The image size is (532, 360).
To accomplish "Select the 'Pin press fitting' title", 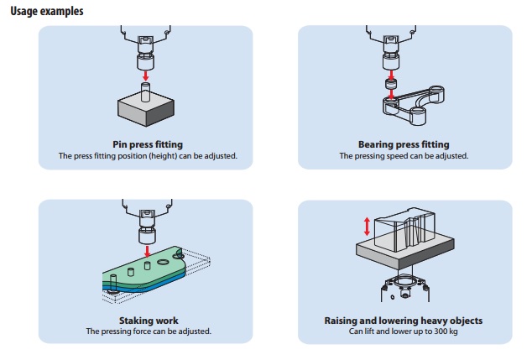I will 147,144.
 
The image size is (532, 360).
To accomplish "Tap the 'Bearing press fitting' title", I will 404,144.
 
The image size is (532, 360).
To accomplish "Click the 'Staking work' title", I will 147,321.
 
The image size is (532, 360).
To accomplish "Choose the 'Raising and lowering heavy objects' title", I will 404,321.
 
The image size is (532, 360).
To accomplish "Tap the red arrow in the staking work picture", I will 147,248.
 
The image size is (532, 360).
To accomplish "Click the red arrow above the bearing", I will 389,72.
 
